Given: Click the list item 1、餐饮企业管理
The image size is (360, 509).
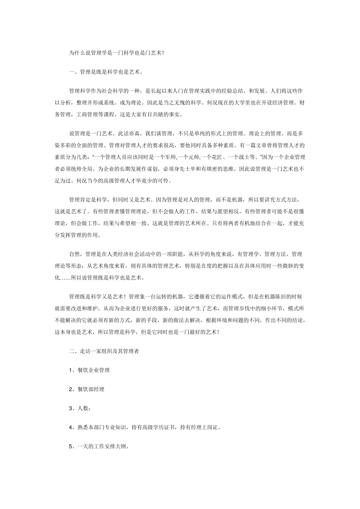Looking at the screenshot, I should point(89,370).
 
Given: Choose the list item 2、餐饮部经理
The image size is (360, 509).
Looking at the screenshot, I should point(87,389).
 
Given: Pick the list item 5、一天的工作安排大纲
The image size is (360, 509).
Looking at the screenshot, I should point(100,446).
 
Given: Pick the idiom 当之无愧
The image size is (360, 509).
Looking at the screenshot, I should point(180,103).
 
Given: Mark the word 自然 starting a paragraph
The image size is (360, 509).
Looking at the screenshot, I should point(74,254).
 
